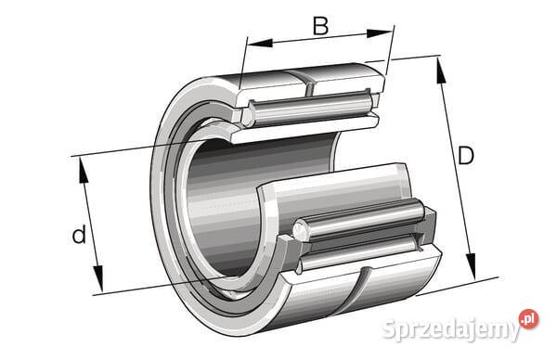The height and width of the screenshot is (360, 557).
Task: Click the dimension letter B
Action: click(320, 26)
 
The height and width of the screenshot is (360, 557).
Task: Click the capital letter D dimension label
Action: click(466, 156)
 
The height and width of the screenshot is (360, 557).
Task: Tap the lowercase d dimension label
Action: click(79, 234)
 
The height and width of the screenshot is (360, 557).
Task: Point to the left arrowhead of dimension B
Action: click(260, 44)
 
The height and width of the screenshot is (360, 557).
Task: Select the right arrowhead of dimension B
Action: click(380, 33)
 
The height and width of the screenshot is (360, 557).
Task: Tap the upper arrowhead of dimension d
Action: click(84, 170)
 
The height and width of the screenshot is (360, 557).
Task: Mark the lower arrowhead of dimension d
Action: click(98, 278)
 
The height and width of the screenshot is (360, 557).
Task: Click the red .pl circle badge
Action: click(528, 319)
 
